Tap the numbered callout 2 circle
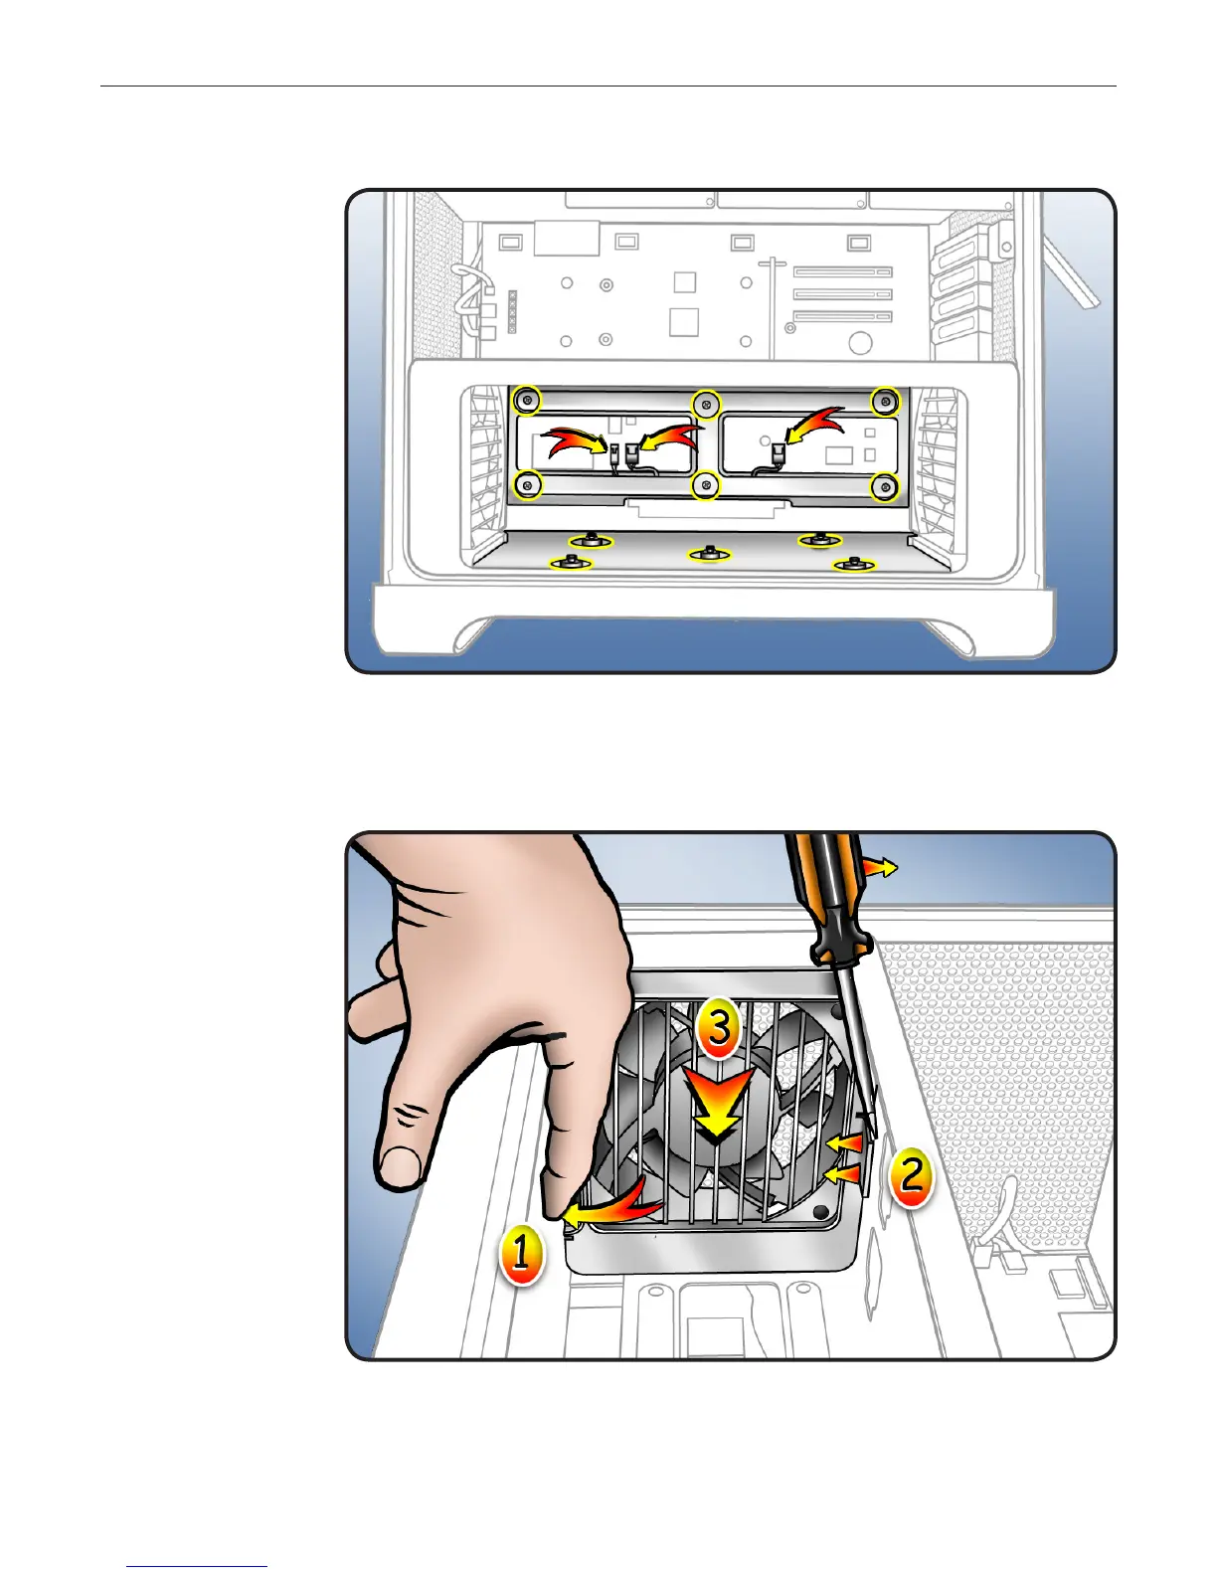[x=910, y=1176]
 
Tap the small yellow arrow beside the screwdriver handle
[x=881, y=868]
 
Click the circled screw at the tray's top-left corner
[x=526, y=401]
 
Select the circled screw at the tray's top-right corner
[x=884, y=402]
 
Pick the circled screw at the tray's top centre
[x=705, y=403]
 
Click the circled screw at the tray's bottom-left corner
[x=526, y=485]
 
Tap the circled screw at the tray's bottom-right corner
[x=884, y=486]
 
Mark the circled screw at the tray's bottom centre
[x=705, y=485]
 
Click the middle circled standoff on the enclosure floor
[x=709, y=552]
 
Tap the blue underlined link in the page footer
[x=197, y=1567]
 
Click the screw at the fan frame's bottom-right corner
[x=823, y=1213]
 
